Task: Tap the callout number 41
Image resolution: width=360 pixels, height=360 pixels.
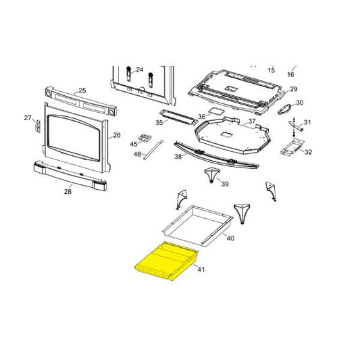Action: tap(201, 270)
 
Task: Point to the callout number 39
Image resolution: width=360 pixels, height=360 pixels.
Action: tap(225, 184)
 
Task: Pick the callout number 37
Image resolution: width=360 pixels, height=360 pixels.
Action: tap(251, 122)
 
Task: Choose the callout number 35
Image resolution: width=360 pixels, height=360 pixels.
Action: tap(159, 123)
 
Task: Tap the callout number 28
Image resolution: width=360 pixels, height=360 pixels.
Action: tap(68, 192)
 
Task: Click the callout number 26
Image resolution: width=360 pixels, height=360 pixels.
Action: tap(117, 135)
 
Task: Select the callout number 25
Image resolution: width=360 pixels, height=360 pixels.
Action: tap(82, 91)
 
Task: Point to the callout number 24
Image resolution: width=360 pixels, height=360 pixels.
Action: tap(140, 70)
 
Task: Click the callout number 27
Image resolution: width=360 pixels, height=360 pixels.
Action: tap(28, 118)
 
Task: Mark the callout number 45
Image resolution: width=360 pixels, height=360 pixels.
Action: tap(134, 143)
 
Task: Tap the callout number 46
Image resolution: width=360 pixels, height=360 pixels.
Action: tap(137, 154)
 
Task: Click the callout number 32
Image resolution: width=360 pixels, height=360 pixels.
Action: tap(308, 153)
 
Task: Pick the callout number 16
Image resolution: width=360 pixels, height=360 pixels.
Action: tap(291, 74)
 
